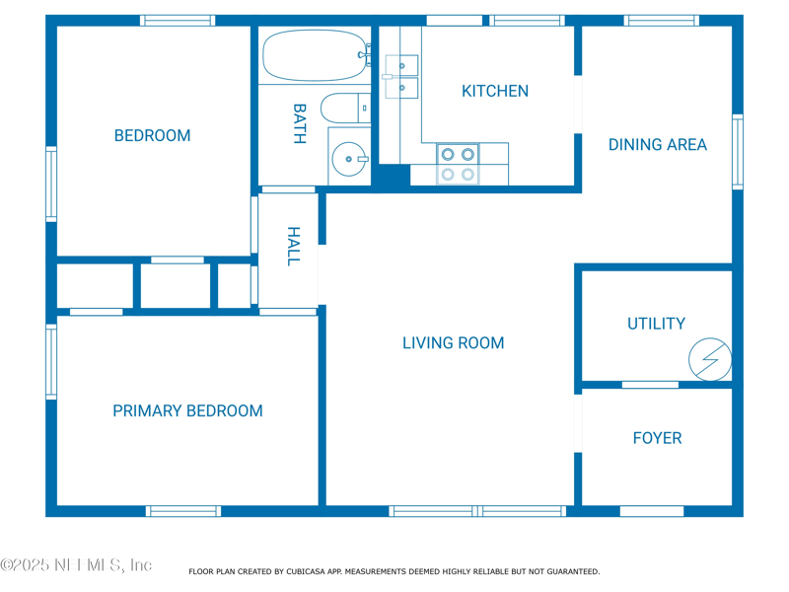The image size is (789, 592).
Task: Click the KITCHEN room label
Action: [x=495, y=91]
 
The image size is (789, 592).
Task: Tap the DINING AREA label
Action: [x=658, y=145]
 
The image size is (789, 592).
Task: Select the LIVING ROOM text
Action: [x=454, y=342]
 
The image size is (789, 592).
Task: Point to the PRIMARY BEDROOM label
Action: [x=187, y=410]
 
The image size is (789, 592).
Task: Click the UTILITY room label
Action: [x=656, y=324]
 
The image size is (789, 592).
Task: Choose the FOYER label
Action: [x=657, y=438]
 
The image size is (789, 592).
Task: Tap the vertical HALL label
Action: [x=293, y=246]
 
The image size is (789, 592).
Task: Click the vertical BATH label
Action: [x=300, y=124]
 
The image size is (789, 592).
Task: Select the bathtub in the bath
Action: [x=316, y=55]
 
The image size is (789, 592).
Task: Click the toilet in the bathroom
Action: [x=346, y=109]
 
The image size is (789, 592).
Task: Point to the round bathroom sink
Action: [x=349, y=159]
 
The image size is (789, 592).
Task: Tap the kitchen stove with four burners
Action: [x=458, y=164]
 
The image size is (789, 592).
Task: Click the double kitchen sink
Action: [x=400, y=77]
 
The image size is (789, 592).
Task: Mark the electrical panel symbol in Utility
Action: [x=710, y=359]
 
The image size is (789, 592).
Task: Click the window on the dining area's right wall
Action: [x=738, y=152]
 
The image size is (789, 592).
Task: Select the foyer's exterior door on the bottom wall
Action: [x=652, y=511]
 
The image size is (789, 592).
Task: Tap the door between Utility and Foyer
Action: [x=650, y=385]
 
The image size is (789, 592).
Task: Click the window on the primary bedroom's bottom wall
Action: [x=183, y=511]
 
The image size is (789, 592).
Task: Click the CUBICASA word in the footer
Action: [x=306, y=572]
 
